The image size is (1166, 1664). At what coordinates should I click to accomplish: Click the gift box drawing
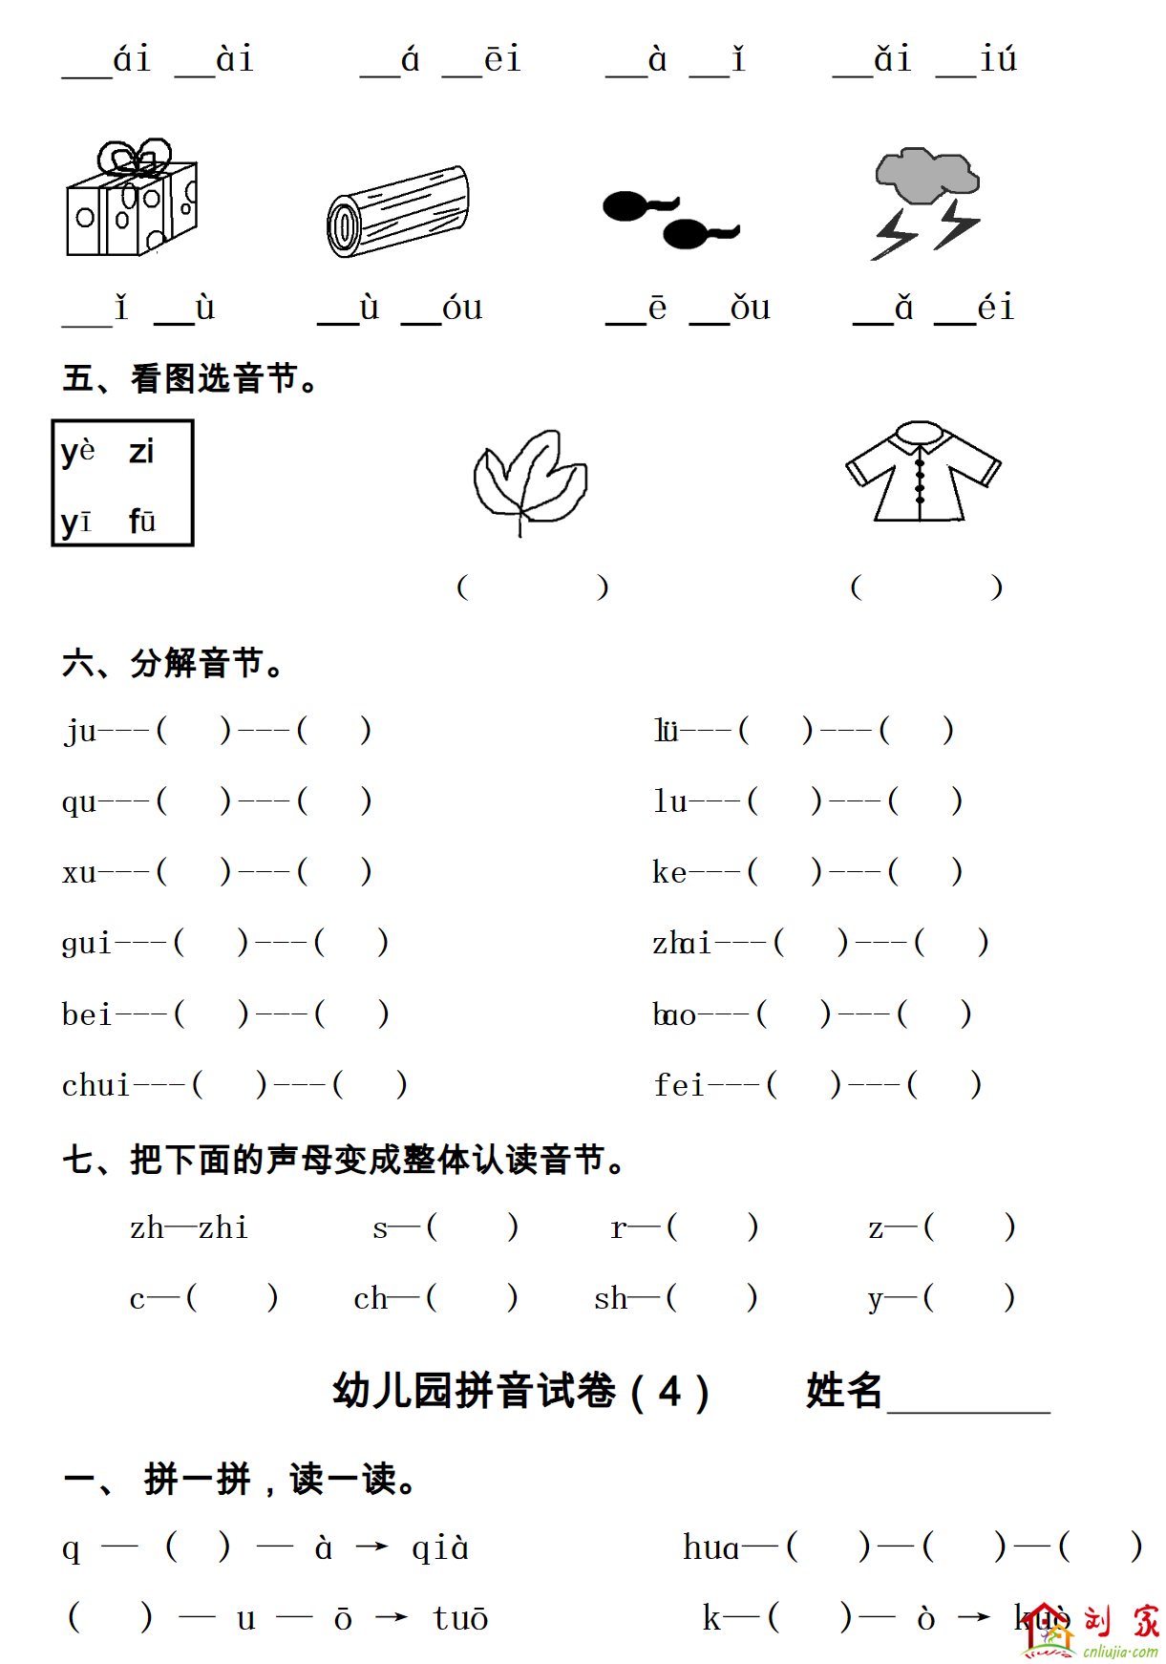click(131, 200)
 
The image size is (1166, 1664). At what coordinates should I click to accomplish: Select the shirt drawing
click(922, 472)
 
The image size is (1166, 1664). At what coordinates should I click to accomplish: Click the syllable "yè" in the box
click(77, 451)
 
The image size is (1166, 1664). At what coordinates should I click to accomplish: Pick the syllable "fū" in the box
click(142, 521)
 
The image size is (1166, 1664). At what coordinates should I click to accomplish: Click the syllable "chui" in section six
click(95, 1085)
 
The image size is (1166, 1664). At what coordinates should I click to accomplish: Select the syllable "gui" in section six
click(87, 944)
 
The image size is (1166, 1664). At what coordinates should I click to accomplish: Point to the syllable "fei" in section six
click(678, 1085)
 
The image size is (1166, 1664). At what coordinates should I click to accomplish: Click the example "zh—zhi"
click(189, 1227)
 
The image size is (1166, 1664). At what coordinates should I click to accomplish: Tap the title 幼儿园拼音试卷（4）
click(520, 1391)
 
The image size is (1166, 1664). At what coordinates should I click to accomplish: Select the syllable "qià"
click(440, 1547)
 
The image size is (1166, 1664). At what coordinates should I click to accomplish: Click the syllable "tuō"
click(460, 1618)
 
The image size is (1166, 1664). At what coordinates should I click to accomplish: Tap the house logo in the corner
click(1047, 1629)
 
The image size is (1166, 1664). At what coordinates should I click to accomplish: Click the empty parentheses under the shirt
click(925, 587)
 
